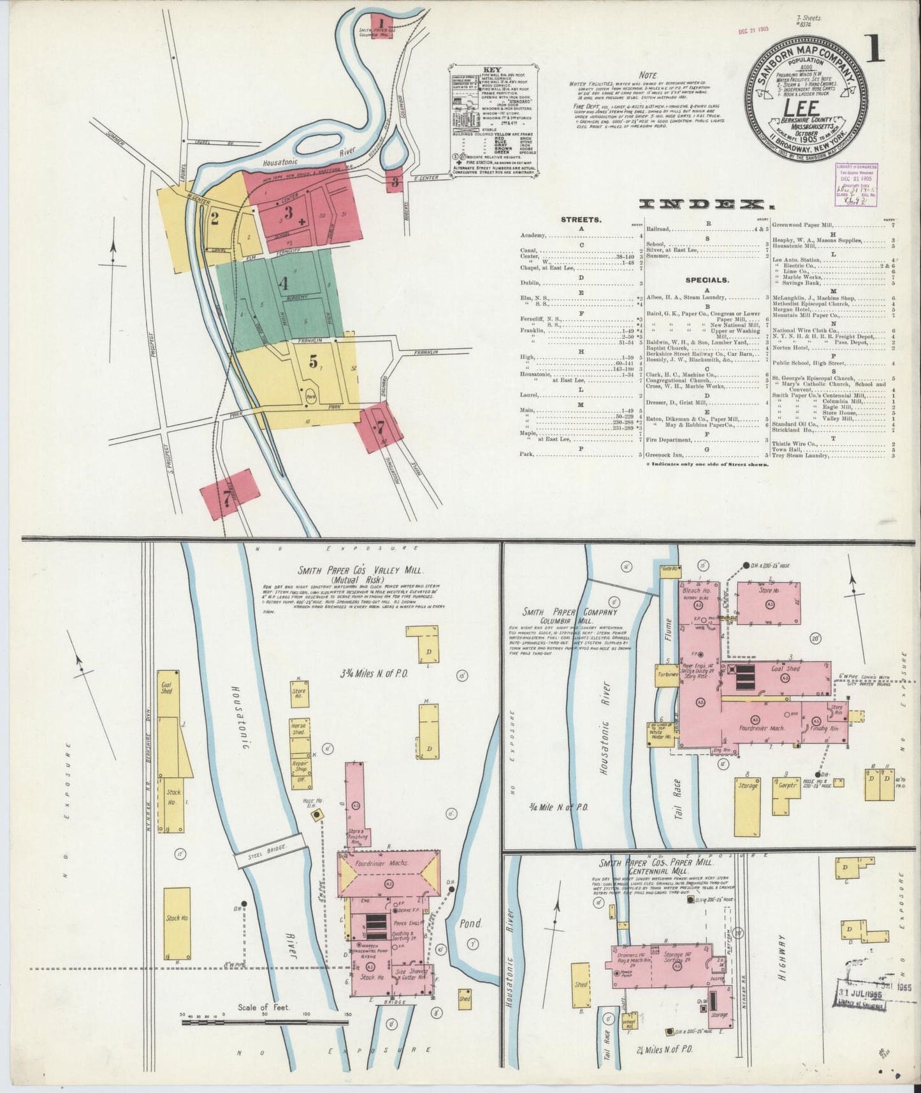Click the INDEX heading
point(700,204)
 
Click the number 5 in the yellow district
point(313,361)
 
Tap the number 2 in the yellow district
point(215,219)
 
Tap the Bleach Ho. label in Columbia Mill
point(695,591)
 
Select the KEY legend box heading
point(493,70)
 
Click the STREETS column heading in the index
point(581,220)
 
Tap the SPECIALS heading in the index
point(707,279)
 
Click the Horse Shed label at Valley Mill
point(298,729)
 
